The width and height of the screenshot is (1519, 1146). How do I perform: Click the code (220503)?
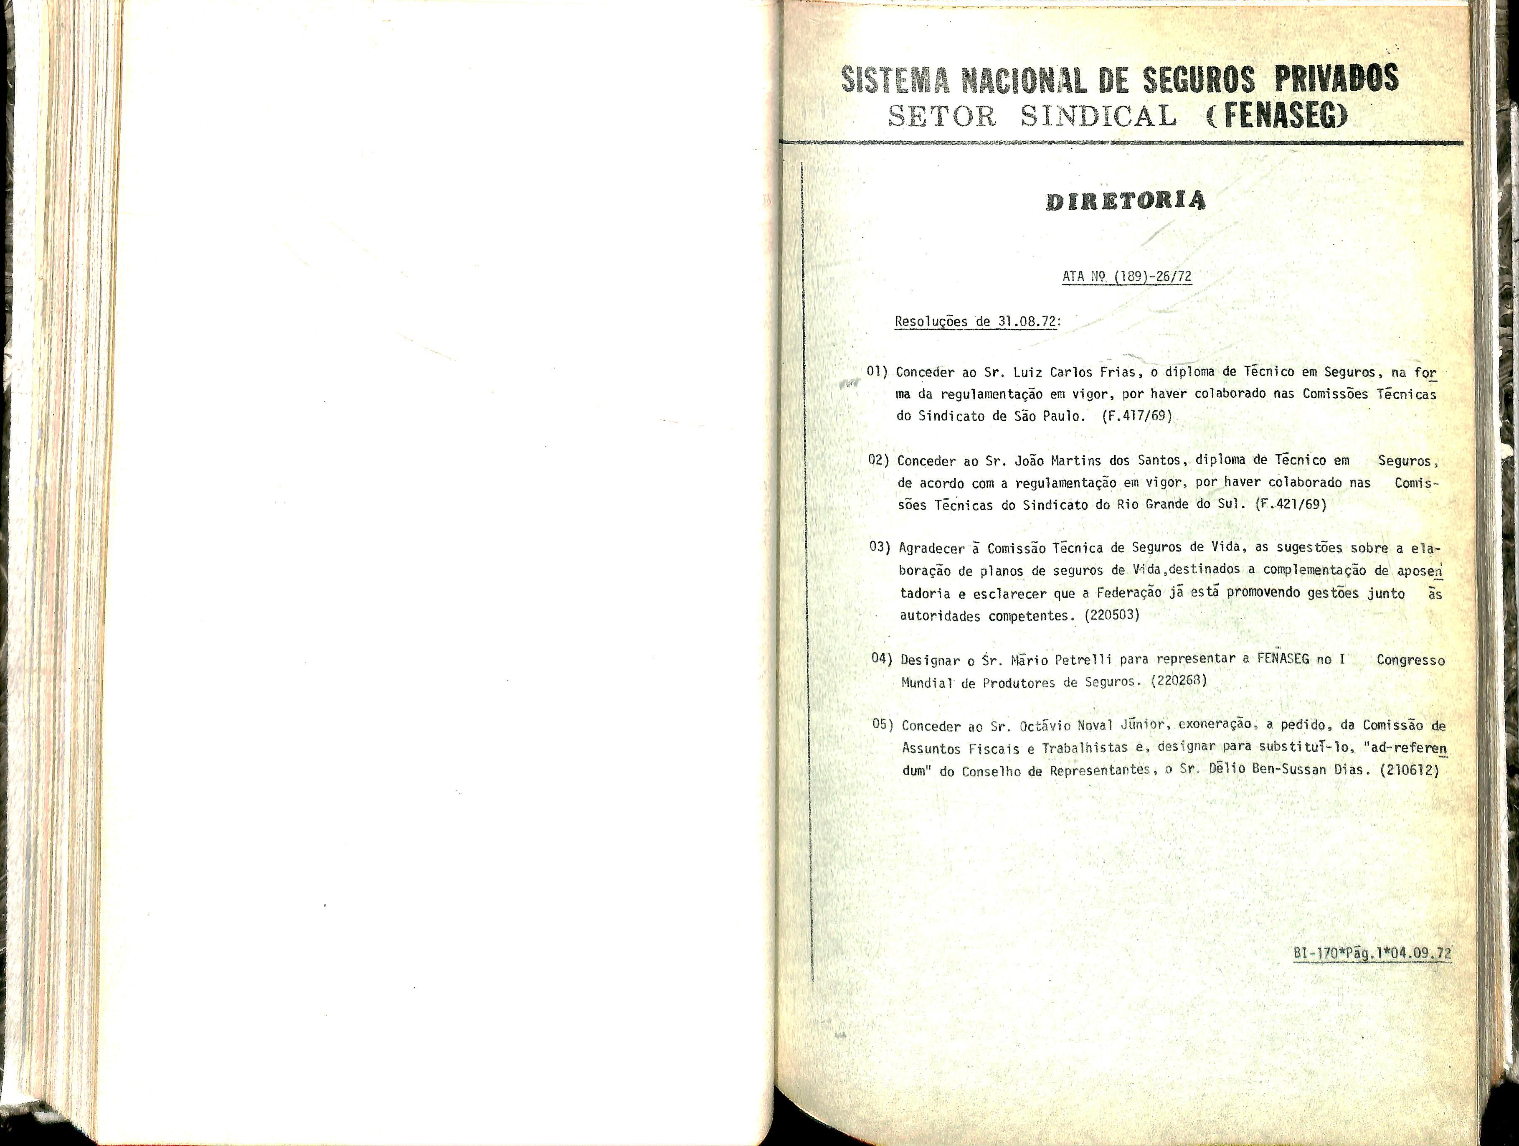coord(1111,615)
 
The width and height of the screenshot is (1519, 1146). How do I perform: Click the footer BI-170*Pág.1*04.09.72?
coord(1372,954)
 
